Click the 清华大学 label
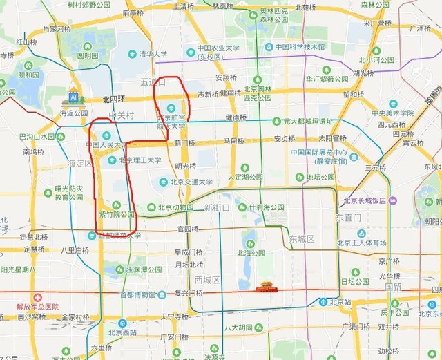pyautogui.click(x=153, y=54)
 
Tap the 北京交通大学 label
pyautogui.click(x=186, y=182)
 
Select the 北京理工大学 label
pyautogui.click(x=140, y=160)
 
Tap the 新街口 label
pyautogui.click(x=219, y=207)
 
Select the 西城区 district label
pyautogui.click(x=206, y=280)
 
